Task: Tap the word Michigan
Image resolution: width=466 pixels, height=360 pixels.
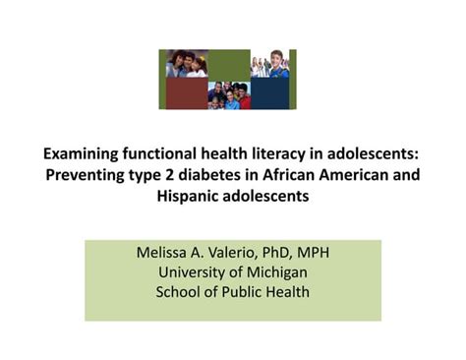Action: coord(274,271)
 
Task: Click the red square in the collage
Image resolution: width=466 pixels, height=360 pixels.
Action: coord(183,94)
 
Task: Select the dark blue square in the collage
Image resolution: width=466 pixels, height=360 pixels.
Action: coord(272,94)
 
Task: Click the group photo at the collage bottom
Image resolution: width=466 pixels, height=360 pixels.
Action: coord(228,94)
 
